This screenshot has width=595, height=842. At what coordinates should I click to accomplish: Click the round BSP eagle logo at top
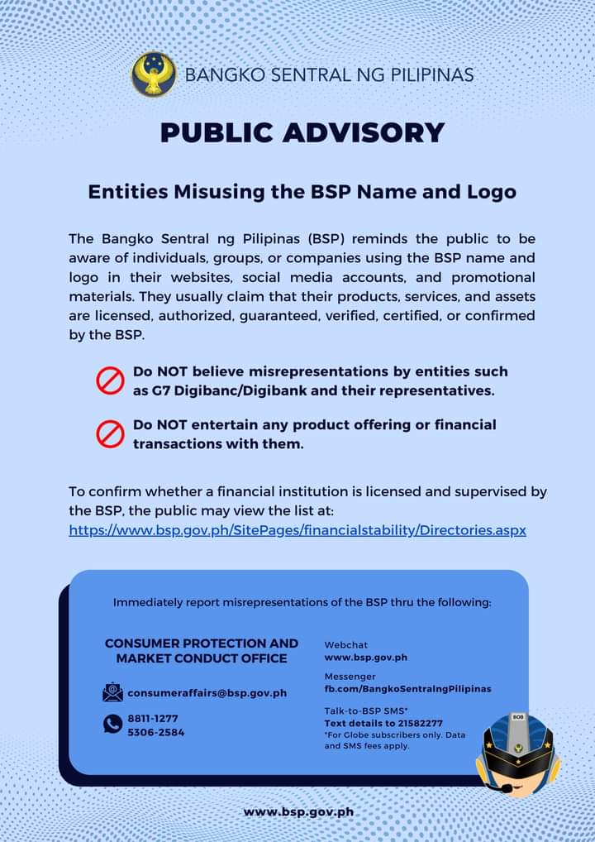(x=154, y=74)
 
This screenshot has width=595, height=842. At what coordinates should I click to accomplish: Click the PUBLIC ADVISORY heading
(x=302, y=132)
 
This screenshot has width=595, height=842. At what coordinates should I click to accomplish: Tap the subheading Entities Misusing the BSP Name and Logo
(x=302, y=192)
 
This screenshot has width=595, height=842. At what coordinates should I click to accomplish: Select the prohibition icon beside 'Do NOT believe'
(x=110, y=380)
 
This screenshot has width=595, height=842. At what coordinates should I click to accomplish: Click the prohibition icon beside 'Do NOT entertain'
(x=110, y=433)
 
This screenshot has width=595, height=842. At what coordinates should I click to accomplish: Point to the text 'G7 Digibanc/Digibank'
(x=216, y=390)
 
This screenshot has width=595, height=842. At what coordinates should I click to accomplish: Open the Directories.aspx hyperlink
(x=297, y=529)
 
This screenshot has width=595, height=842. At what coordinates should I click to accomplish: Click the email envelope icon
(x=112, y=692)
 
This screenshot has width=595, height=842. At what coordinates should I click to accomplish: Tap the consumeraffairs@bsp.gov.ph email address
(x=207, y=692)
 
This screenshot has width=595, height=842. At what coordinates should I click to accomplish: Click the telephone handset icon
(x=112, y=725)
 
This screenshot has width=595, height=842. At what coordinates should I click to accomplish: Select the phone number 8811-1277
(x=152, y=718)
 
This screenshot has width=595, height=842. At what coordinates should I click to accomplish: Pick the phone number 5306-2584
(x=155, y=732)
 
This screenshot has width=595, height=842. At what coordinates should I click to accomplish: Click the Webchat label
(x=345, y=644)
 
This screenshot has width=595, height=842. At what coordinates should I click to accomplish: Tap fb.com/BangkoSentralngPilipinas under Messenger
(x=407, y=688)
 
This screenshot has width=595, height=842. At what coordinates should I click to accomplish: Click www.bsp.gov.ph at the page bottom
(x=298, y=811)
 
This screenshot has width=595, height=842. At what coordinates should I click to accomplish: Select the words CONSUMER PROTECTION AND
(x=202, y=643)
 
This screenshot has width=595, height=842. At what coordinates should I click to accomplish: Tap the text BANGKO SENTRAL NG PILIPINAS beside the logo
(x=330, y=75)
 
